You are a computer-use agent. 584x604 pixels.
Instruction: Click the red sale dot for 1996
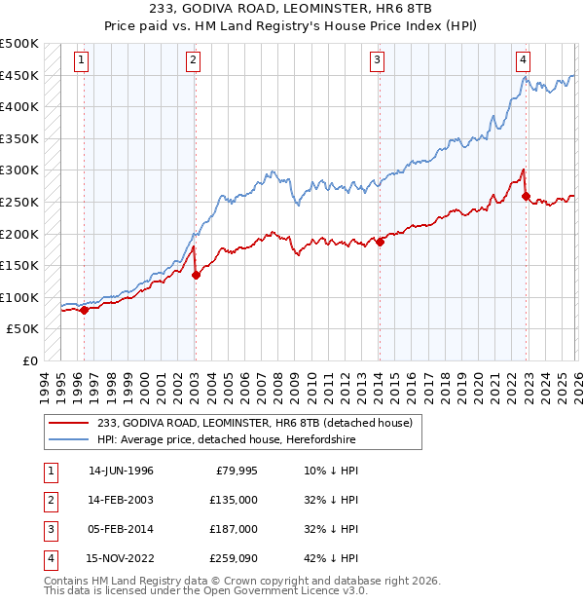click(x=84, y=310)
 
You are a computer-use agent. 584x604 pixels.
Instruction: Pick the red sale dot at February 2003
click(x=196, y=275)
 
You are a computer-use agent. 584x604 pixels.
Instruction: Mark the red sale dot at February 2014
click(x=380, y=242)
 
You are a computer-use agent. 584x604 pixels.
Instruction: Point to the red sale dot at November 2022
click(x=527, y=196)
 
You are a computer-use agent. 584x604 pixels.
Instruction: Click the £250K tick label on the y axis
click(x=19, y=202)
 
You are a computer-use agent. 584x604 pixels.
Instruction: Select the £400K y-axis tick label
click(x=19, y=107)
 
